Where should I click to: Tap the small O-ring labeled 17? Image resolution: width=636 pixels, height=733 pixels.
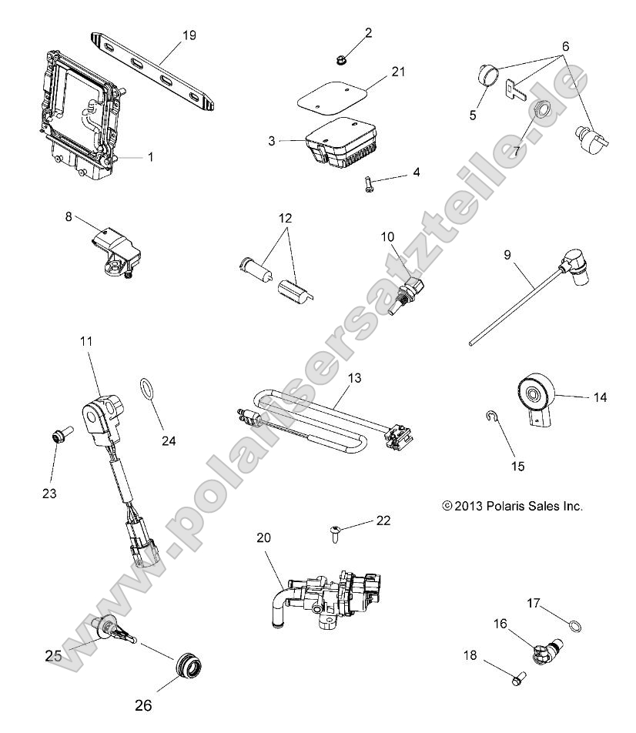pos(574,624)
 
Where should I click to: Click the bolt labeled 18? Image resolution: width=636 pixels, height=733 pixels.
pos(517,680)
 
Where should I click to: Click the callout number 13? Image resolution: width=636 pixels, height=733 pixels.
pos(353,378)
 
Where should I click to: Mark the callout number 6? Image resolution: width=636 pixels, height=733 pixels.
pos(566,46)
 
